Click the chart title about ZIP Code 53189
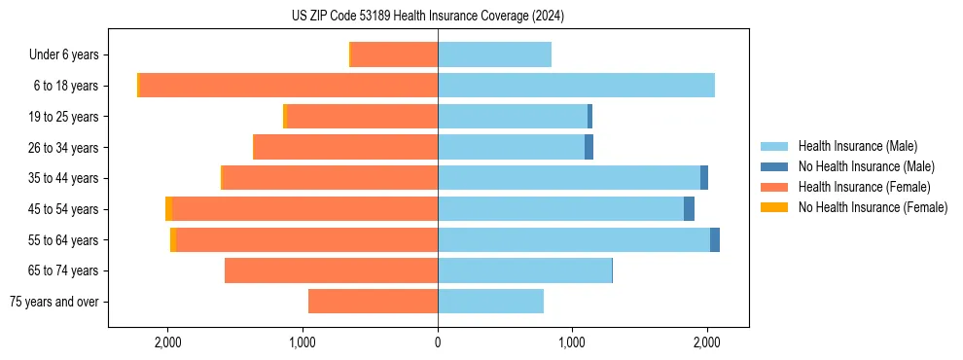click(427, 17)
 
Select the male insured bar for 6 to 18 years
click(576, 86)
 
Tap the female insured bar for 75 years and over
click(373, 302)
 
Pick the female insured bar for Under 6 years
click(394, 55)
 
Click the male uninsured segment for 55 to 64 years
click(715, 240)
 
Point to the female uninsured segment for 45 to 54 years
click(168, 209)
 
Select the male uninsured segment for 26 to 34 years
click(588, 148)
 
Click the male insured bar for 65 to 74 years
click(524, 270)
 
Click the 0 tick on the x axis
click(438, 342)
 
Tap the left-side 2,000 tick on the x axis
click(167, 342)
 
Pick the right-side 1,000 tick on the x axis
click(572, 342)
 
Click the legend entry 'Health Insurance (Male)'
click(857, 146)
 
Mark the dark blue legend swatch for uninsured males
click(774, 166)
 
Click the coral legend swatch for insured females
click(774, 187)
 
